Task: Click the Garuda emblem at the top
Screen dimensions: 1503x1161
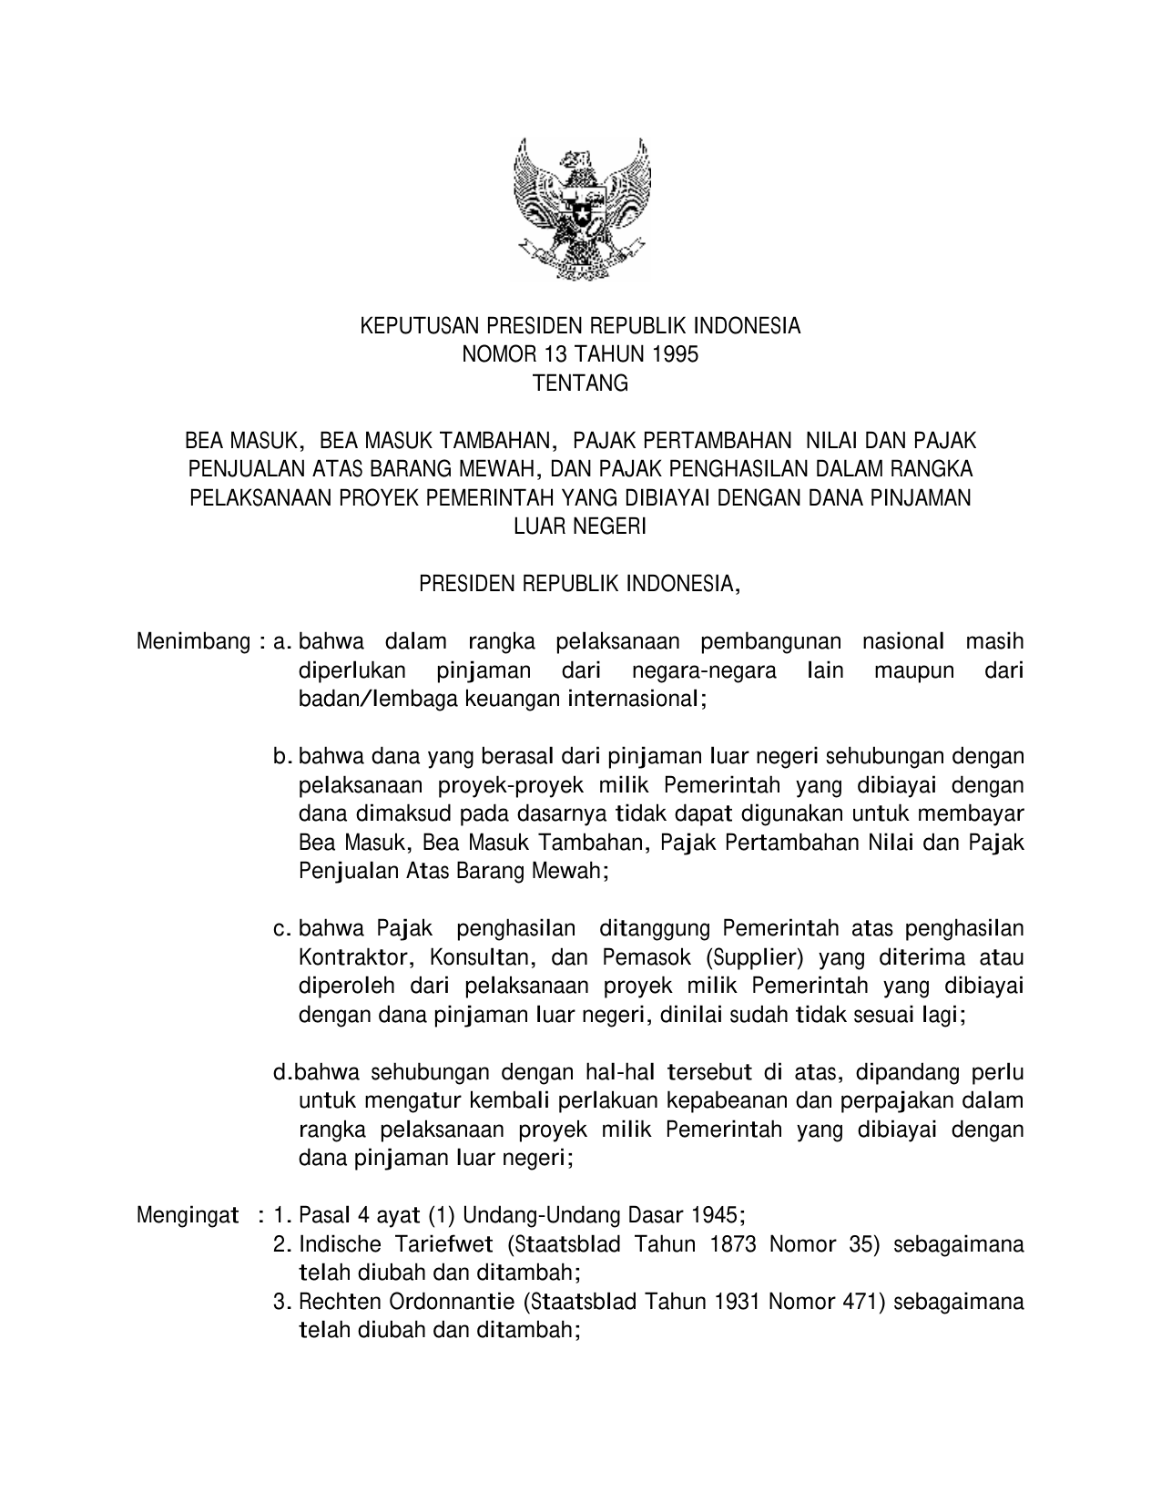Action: [580, 209]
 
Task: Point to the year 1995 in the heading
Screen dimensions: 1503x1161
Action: [677, 355]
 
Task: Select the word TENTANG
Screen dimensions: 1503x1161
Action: [580, 383]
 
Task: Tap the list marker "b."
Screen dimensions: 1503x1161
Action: [282, 756]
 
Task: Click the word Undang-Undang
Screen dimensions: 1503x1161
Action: [533, 1215]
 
